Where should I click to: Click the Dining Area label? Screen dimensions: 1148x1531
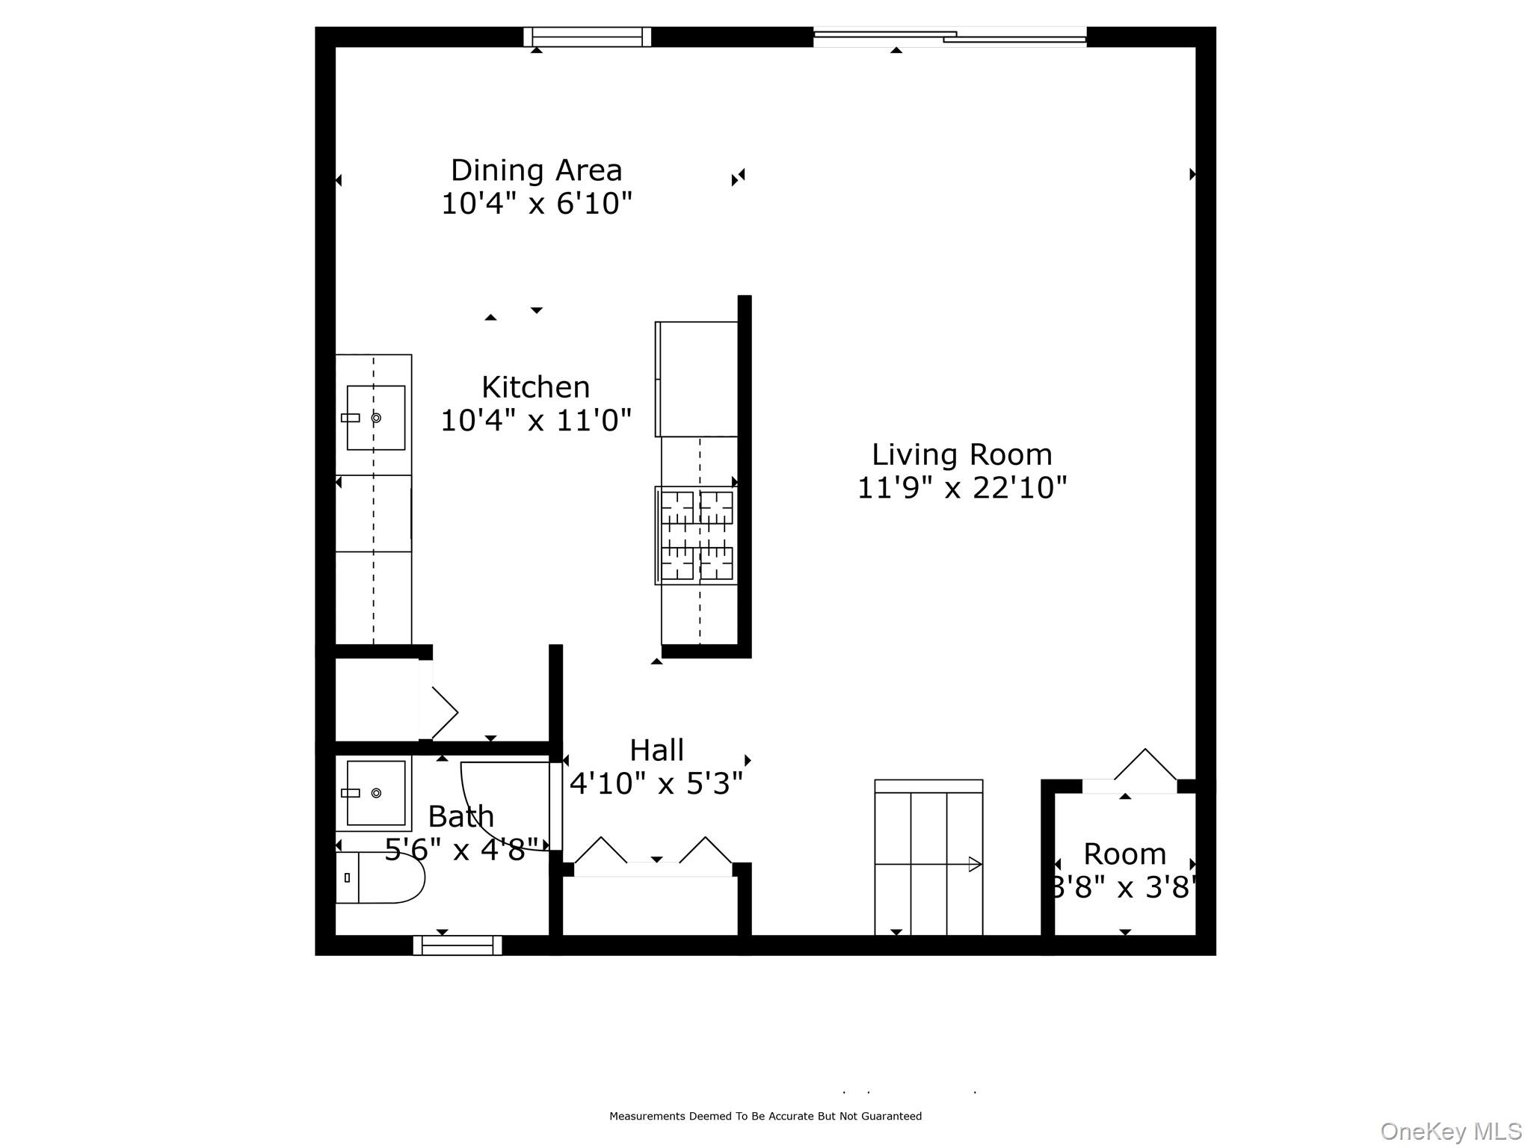pos(536,171)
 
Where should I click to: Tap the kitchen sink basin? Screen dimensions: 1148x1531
pos(376,418)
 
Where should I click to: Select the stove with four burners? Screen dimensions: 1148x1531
pos(696,535)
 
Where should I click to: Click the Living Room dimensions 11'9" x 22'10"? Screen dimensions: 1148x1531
pos(961,488)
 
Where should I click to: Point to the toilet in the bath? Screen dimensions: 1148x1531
pos(380,877)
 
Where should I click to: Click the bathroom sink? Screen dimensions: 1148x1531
pos(375,793)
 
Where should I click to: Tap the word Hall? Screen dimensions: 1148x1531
pos(656,750)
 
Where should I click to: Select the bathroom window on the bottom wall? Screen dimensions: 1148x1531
pos(458,945)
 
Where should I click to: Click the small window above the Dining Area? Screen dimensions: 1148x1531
pos(587,37)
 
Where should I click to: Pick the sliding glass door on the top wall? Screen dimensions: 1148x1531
pos(949,36)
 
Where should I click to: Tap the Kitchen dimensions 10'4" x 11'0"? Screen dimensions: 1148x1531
pos(536,421)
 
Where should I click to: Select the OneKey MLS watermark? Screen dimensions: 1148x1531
pos(1450,1132)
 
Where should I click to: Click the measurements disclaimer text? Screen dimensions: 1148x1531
pos(765,1116)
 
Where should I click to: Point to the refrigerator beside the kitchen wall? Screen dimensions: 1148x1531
pos(697,379)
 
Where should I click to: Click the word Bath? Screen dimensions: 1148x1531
pos(461,816)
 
